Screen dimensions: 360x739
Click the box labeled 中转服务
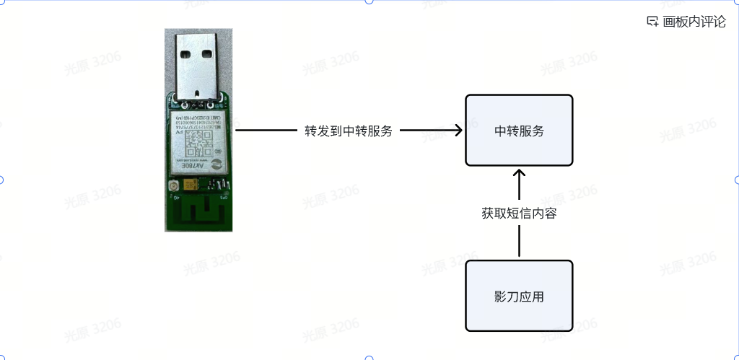(x=519, y=131)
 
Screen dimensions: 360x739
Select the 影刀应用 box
(x=519, y=296)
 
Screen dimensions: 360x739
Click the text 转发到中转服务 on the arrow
(x=349, y=131)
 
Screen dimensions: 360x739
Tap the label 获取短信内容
(x=519, y=214)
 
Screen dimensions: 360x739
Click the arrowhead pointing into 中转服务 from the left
(x=457, y=131)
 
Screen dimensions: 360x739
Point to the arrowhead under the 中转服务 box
(x=519, y=174)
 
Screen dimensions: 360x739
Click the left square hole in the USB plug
(x=185, y=53)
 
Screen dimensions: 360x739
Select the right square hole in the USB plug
(x=209, y=53)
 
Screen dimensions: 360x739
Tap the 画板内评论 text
(x=694, y=22)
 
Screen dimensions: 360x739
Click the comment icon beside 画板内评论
(x=652, y=22)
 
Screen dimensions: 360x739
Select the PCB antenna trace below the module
(x=199, y=213)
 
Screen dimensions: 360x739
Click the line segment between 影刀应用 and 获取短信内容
(x=519, y=242)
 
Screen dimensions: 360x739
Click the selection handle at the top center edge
(x=369, y=1)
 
